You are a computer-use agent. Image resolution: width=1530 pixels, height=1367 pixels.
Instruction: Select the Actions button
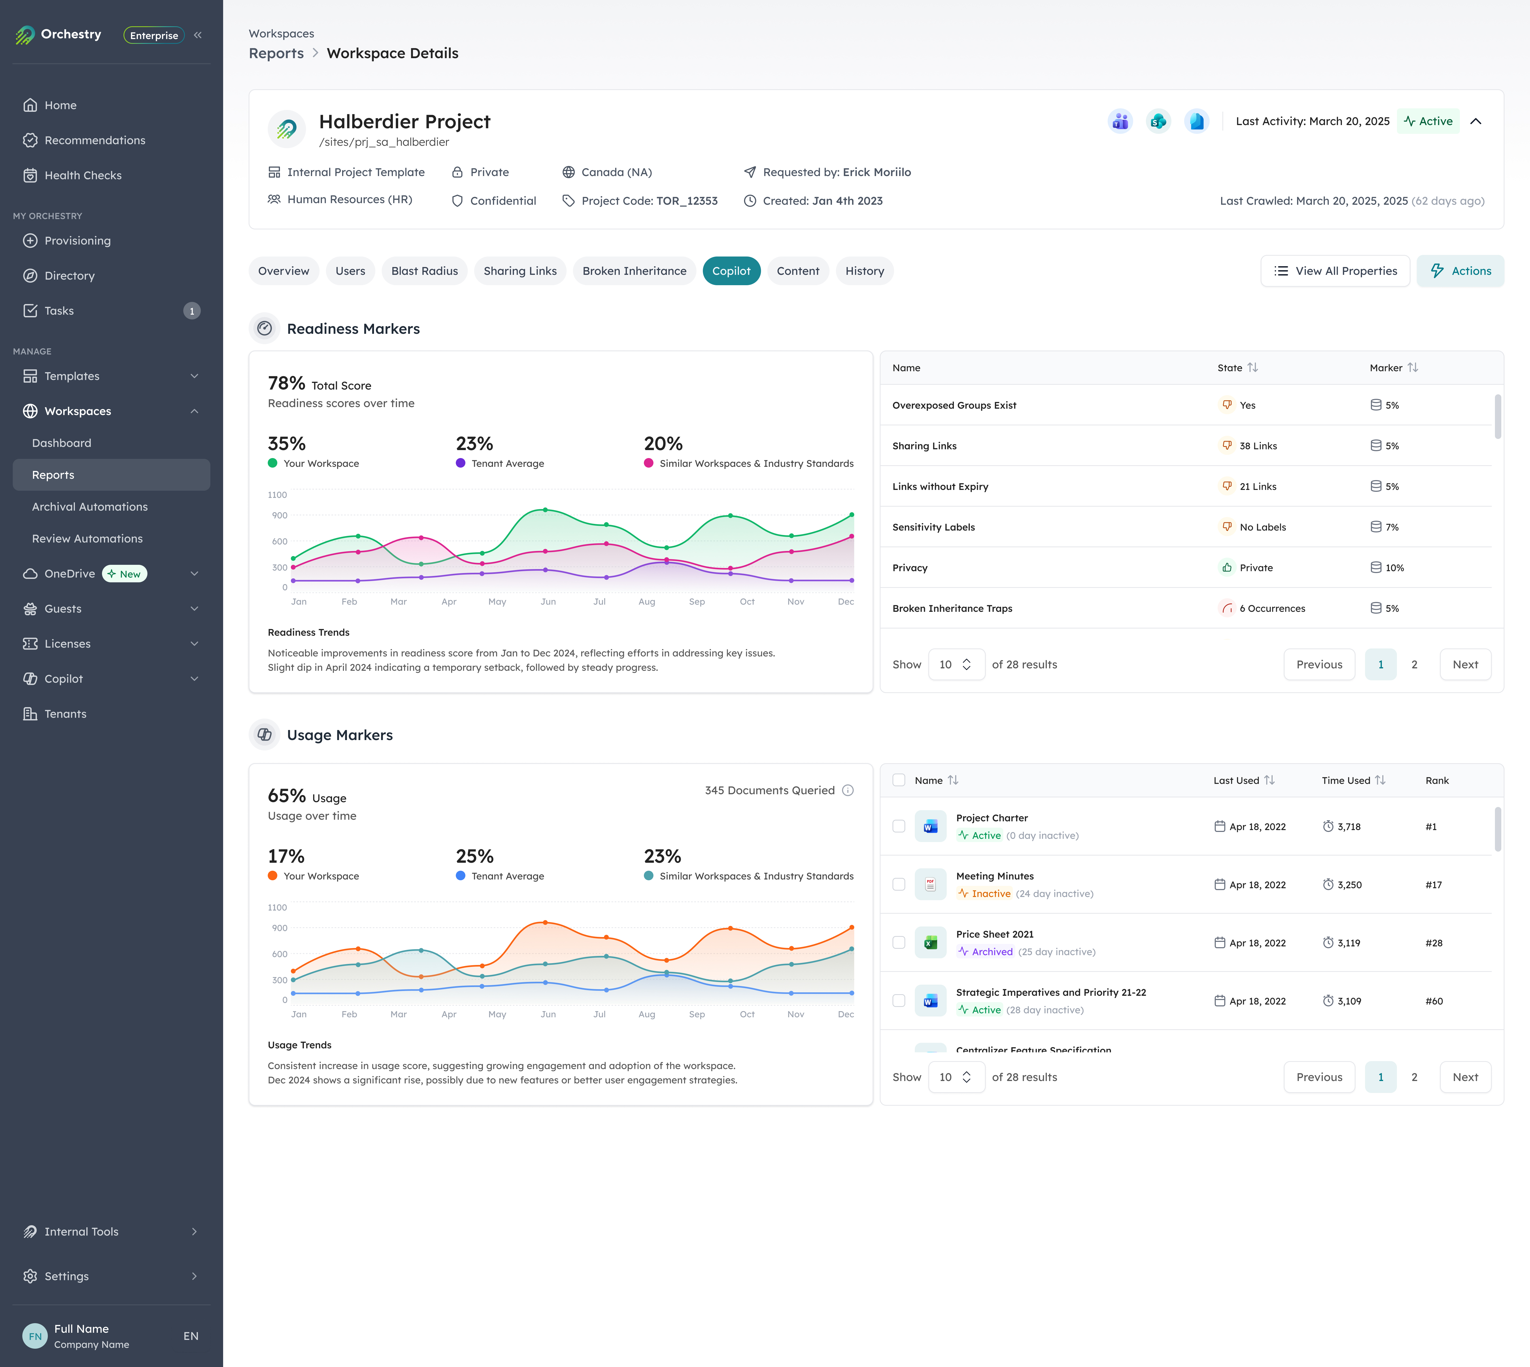click(x=1460, y=271)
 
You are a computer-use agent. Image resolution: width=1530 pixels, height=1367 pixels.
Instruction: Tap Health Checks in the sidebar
click(x=83, y=175)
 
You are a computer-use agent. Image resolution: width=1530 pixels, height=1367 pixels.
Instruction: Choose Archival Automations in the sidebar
click(x=90, y=507)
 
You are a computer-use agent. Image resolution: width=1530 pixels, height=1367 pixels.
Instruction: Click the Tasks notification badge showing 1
click(x=192, y=311)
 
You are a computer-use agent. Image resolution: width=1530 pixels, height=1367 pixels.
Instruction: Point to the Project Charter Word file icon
click(x=930, y=827)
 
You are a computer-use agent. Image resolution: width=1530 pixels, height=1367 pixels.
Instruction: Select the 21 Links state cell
click(x=1257, y=487)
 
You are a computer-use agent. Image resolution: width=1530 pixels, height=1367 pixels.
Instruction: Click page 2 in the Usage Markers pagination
click(x=1414, y=1077)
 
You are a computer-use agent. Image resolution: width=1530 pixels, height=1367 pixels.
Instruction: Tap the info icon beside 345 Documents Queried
click(x=848, y=790)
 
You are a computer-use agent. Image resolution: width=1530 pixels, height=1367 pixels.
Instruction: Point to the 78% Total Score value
click(x=286, y=384)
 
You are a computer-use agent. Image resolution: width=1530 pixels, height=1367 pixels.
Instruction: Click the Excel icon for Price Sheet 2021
click(x=930, y=943)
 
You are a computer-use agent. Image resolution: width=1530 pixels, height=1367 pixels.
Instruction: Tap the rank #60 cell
click(x=1434, y=1001)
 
